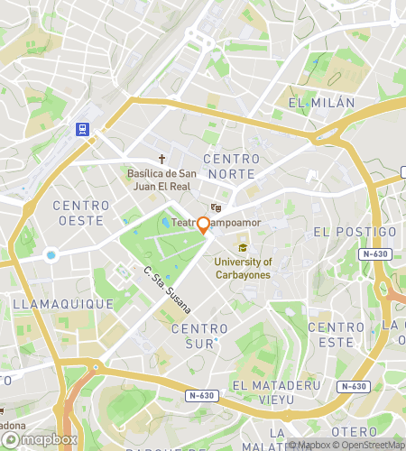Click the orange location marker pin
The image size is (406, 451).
tap(204, 225)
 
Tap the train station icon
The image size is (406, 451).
tap(84, 129)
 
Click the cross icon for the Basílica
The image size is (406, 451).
tap(162, 159)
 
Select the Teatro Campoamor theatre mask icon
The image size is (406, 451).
tap(216, 207)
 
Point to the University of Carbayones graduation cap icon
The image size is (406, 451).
tap(242, 247)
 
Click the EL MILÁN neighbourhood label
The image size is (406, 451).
tap(316, 104)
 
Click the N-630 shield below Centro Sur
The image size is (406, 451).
tap(201, 395)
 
